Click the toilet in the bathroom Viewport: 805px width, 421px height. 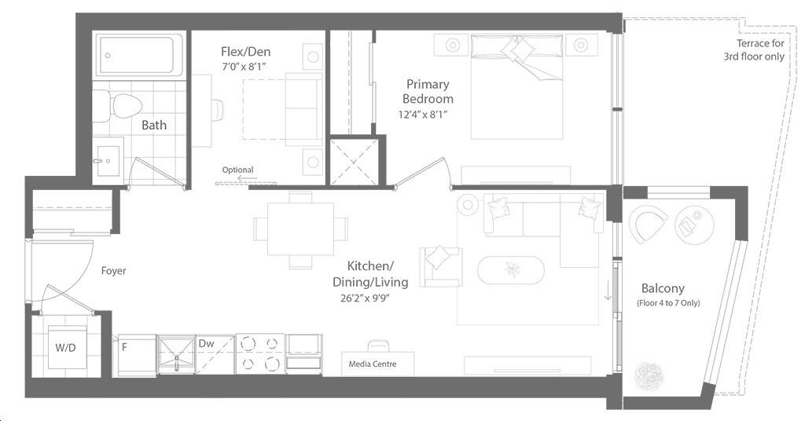(118, 106)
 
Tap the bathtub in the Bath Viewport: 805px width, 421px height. (140, 56)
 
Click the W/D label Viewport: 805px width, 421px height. (66, 348)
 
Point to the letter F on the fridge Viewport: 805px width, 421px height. (124, 347)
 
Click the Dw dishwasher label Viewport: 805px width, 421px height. (207, 343)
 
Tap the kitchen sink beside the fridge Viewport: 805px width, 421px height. (176, 353)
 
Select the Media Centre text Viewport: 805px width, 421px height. (372, 364)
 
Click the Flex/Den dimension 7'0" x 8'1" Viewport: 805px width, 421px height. (244, 66)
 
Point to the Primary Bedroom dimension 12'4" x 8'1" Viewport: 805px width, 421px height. (423, 115)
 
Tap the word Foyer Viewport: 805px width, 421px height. (113, 271)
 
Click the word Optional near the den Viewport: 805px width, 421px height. (237, 170)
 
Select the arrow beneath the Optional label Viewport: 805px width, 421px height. (247, 178)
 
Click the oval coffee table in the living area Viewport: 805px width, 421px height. (511, 269)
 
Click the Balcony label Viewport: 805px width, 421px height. (663, 288)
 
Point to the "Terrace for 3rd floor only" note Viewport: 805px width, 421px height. (754, 49)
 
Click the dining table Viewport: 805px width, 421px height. (300, 229)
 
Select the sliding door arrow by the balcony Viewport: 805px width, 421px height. (608, 291)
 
